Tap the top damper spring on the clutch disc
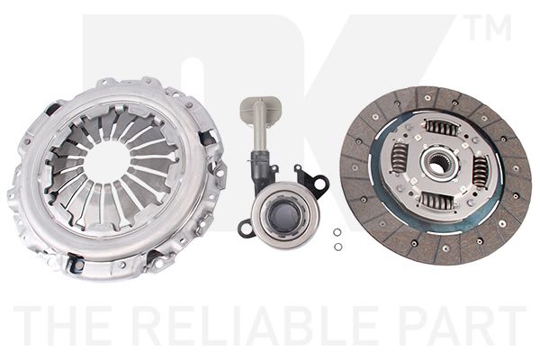(442, 128)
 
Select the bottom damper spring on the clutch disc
(436, 201)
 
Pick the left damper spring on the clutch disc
(400, 157)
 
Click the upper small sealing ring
(337, 232)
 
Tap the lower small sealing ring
(338, 247)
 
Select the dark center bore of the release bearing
(284, 216)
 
